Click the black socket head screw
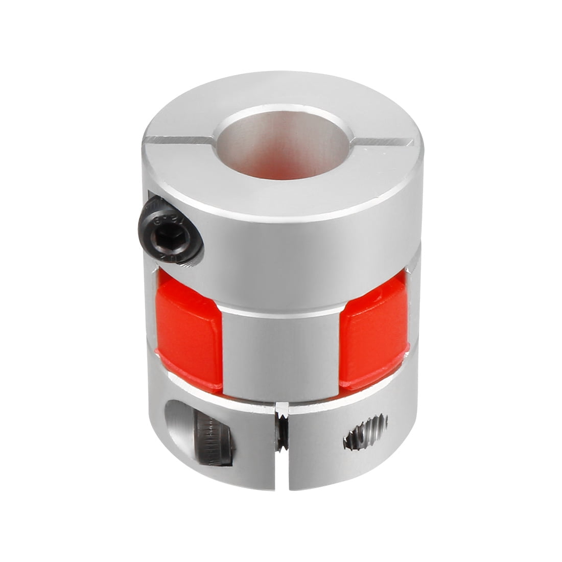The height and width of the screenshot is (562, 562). point(173,230)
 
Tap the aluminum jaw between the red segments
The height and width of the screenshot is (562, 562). point(281,353)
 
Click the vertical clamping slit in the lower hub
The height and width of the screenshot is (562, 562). point(280,470)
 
